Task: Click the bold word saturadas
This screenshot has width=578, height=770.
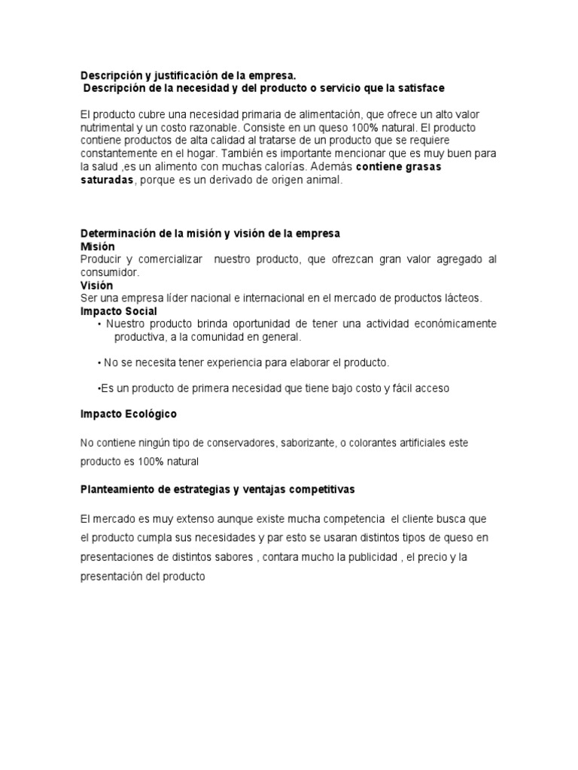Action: tap(107, 180)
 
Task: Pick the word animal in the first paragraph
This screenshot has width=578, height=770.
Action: tap(325, 180)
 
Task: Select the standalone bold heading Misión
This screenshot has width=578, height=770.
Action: tap(97, 246)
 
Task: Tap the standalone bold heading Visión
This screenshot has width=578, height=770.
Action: tap(96, 285)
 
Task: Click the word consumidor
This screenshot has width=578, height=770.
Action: tap(109, 272)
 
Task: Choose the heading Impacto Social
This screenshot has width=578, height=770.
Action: tap(119, 311)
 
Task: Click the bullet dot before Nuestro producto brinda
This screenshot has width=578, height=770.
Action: tap(99, 324)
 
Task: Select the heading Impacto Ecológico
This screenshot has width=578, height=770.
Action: tap(129, 414)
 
